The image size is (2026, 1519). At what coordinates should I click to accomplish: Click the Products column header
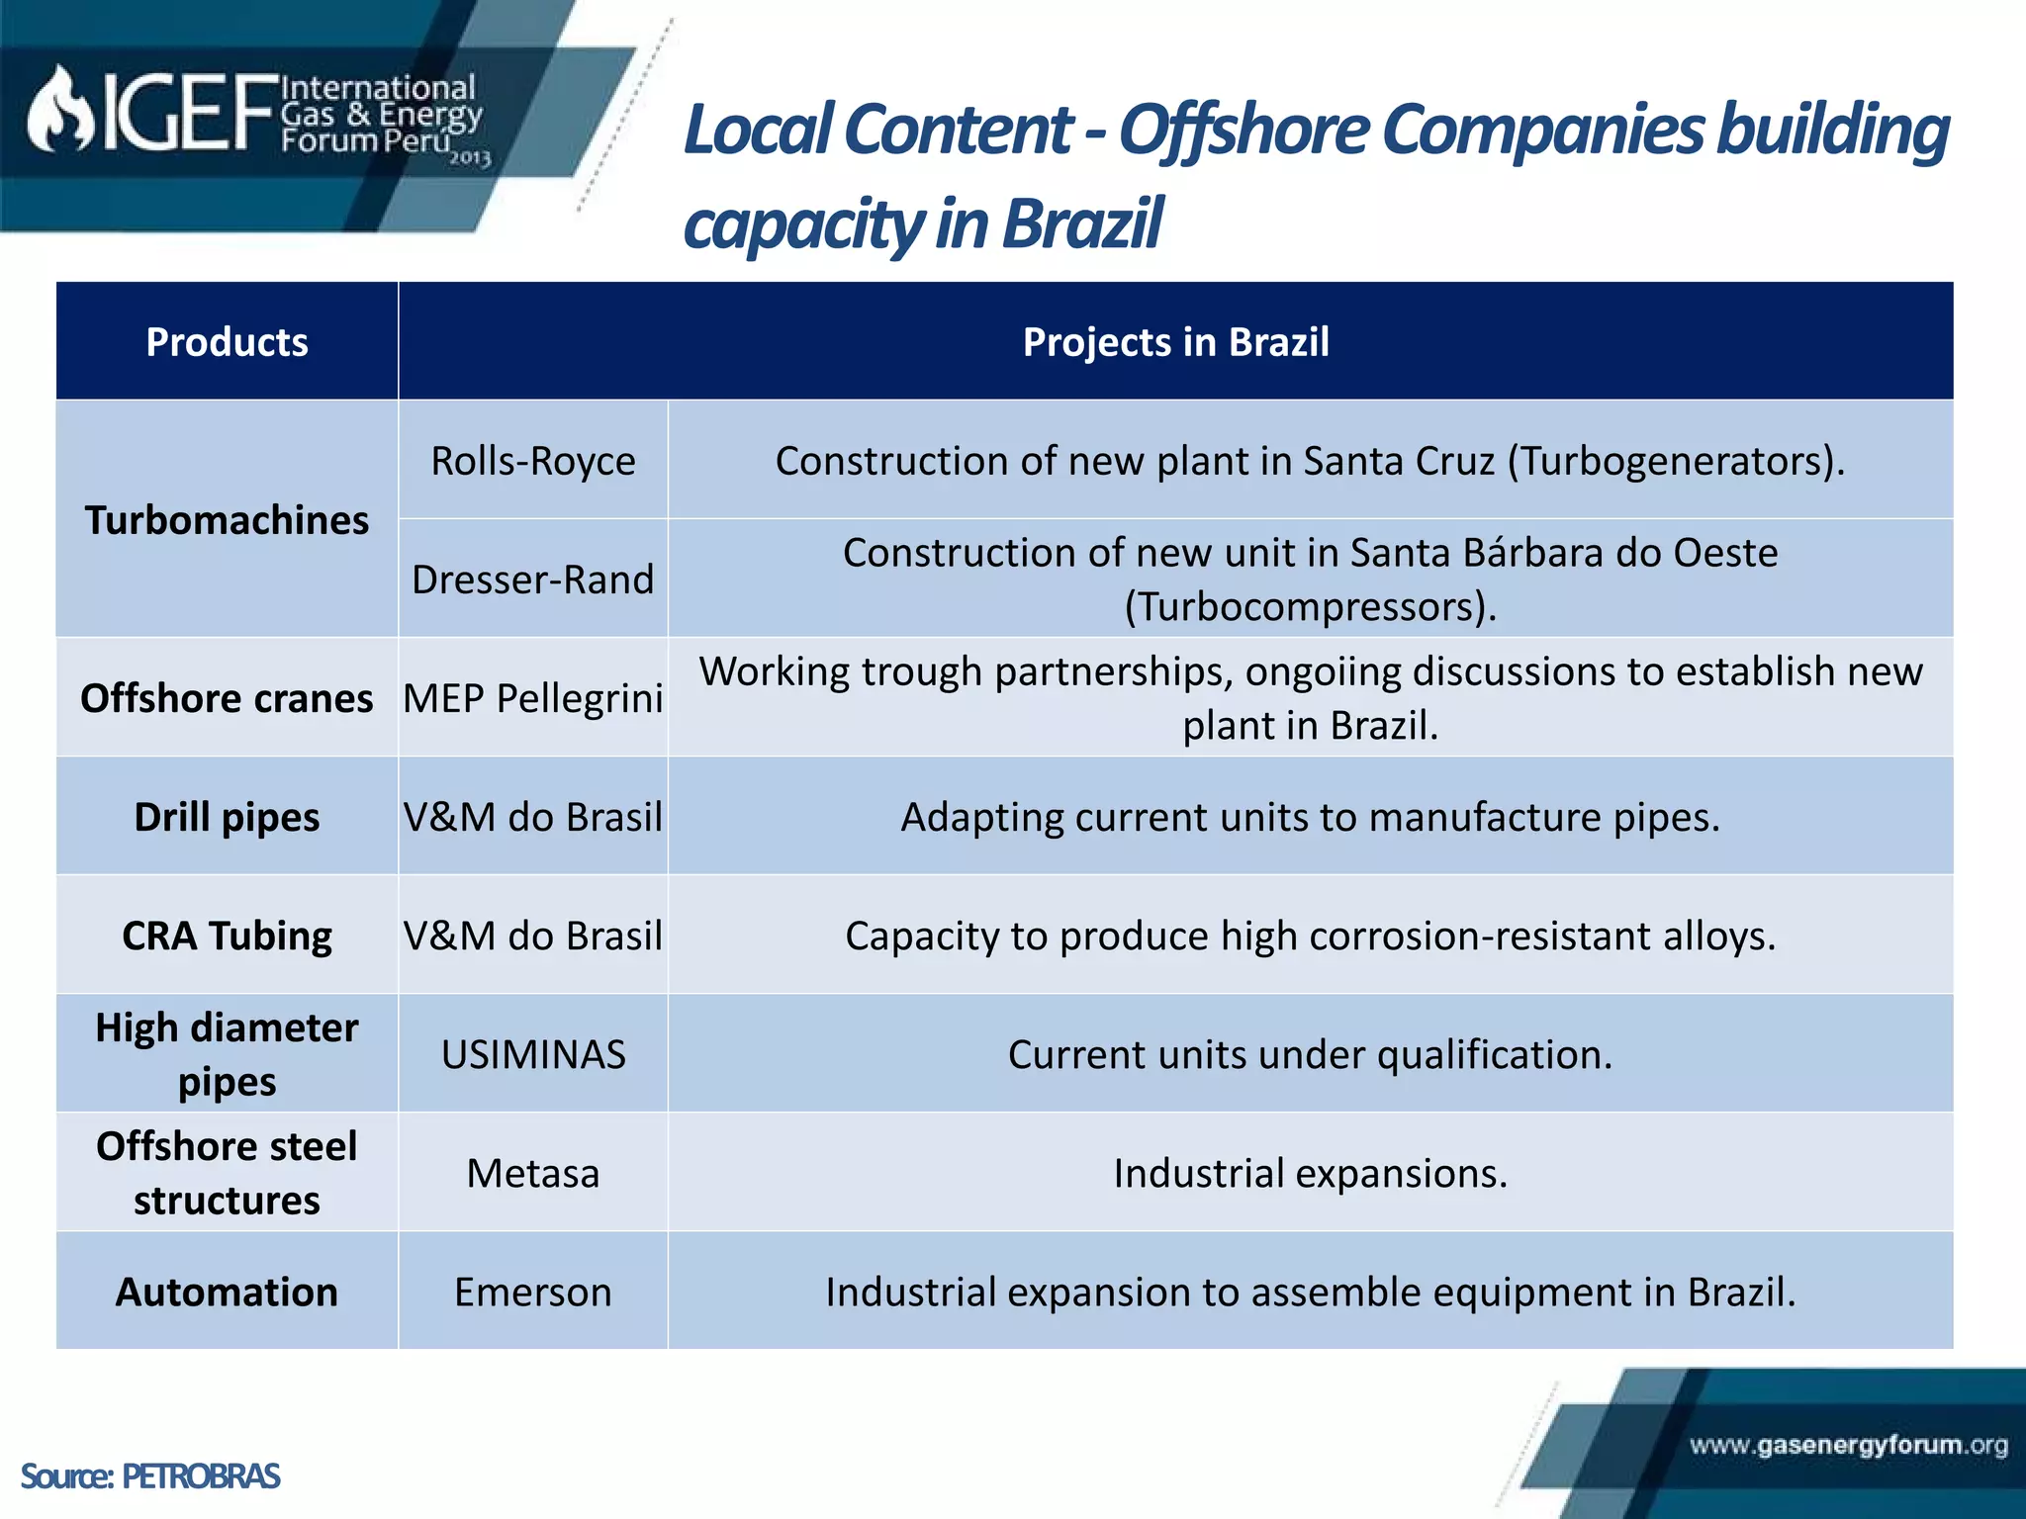point(227,342)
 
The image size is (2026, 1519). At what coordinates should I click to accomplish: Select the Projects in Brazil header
point(1175,342)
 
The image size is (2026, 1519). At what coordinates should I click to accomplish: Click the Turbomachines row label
point(227,520)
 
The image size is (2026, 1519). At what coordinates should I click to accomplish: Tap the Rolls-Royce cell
point(533,461)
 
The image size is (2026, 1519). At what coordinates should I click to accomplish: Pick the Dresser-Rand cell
point(533,580)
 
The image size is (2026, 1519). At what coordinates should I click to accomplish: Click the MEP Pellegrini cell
point(533,698)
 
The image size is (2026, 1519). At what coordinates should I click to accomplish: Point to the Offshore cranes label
point(227,698)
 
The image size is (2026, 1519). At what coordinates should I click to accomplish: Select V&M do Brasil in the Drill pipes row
point(533,817)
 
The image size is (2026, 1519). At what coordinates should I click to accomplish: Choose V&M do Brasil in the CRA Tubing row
point(533,936)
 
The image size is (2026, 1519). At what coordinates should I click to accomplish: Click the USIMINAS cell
point(533,1054)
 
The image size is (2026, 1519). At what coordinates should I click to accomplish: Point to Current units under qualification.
point(1310,1054)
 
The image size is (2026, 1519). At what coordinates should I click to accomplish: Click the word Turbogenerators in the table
point(1672,461)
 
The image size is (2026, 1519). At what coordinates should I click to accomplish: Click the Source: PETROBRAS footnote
point(150,1476)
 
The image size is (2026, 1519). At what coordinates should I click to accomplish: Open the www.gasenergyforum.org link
point(1848,1446)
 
